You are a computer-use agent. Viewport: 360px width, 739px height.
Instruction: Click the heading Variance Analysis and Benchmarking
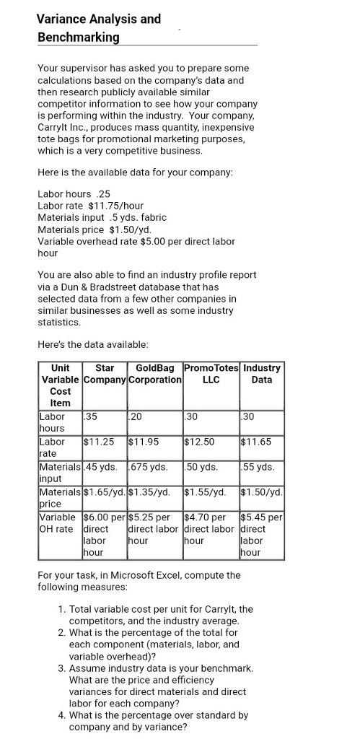click(x=99, y=27)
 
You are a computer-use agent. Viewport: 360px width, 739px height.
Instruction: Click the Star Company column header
click(x=104, y=373)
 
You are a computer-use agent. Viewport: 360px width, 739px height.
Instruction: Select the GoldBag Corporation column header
click(x=154, y=373)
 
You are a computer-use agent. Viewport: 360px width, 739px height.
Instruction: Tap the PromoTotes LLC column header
click(x=211, y=373)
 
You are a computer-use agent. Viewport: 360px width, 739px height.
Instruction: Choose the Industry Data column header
click(x=262, y=373)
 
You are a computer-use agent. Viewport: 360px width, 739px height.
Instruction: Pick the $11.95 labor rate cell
click(x=143, y=441)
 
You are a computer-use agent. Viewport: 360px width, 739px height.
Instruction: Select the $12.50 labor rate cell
click(x=198, y=441)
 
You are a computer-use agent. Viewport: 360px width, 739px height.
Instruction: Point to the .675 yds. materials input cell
click(x=149, y=466)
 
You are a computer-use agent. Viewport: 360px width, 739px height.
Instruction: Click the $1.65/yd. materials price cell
click(x=105, y=491)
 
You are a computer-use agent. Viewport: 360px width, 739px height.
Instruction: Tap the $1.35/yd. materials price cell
click(x=150, y=491)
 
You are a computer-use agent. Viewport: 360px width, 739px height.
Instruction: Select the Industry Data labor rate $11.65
click(x=256, y=441)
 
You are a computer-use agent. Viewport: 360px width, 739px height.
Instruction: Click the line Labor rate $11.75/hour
click(x=90, y=206)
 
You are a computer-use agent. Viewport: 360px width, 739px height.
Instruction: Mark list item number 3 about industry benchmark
click(x=161, y=685)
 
